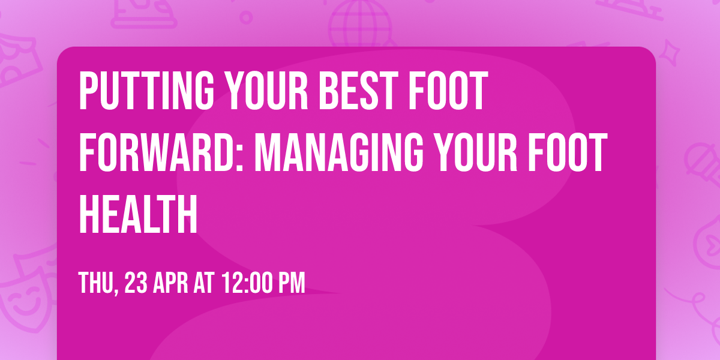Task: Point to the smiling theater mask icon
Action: coord(24,294)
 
